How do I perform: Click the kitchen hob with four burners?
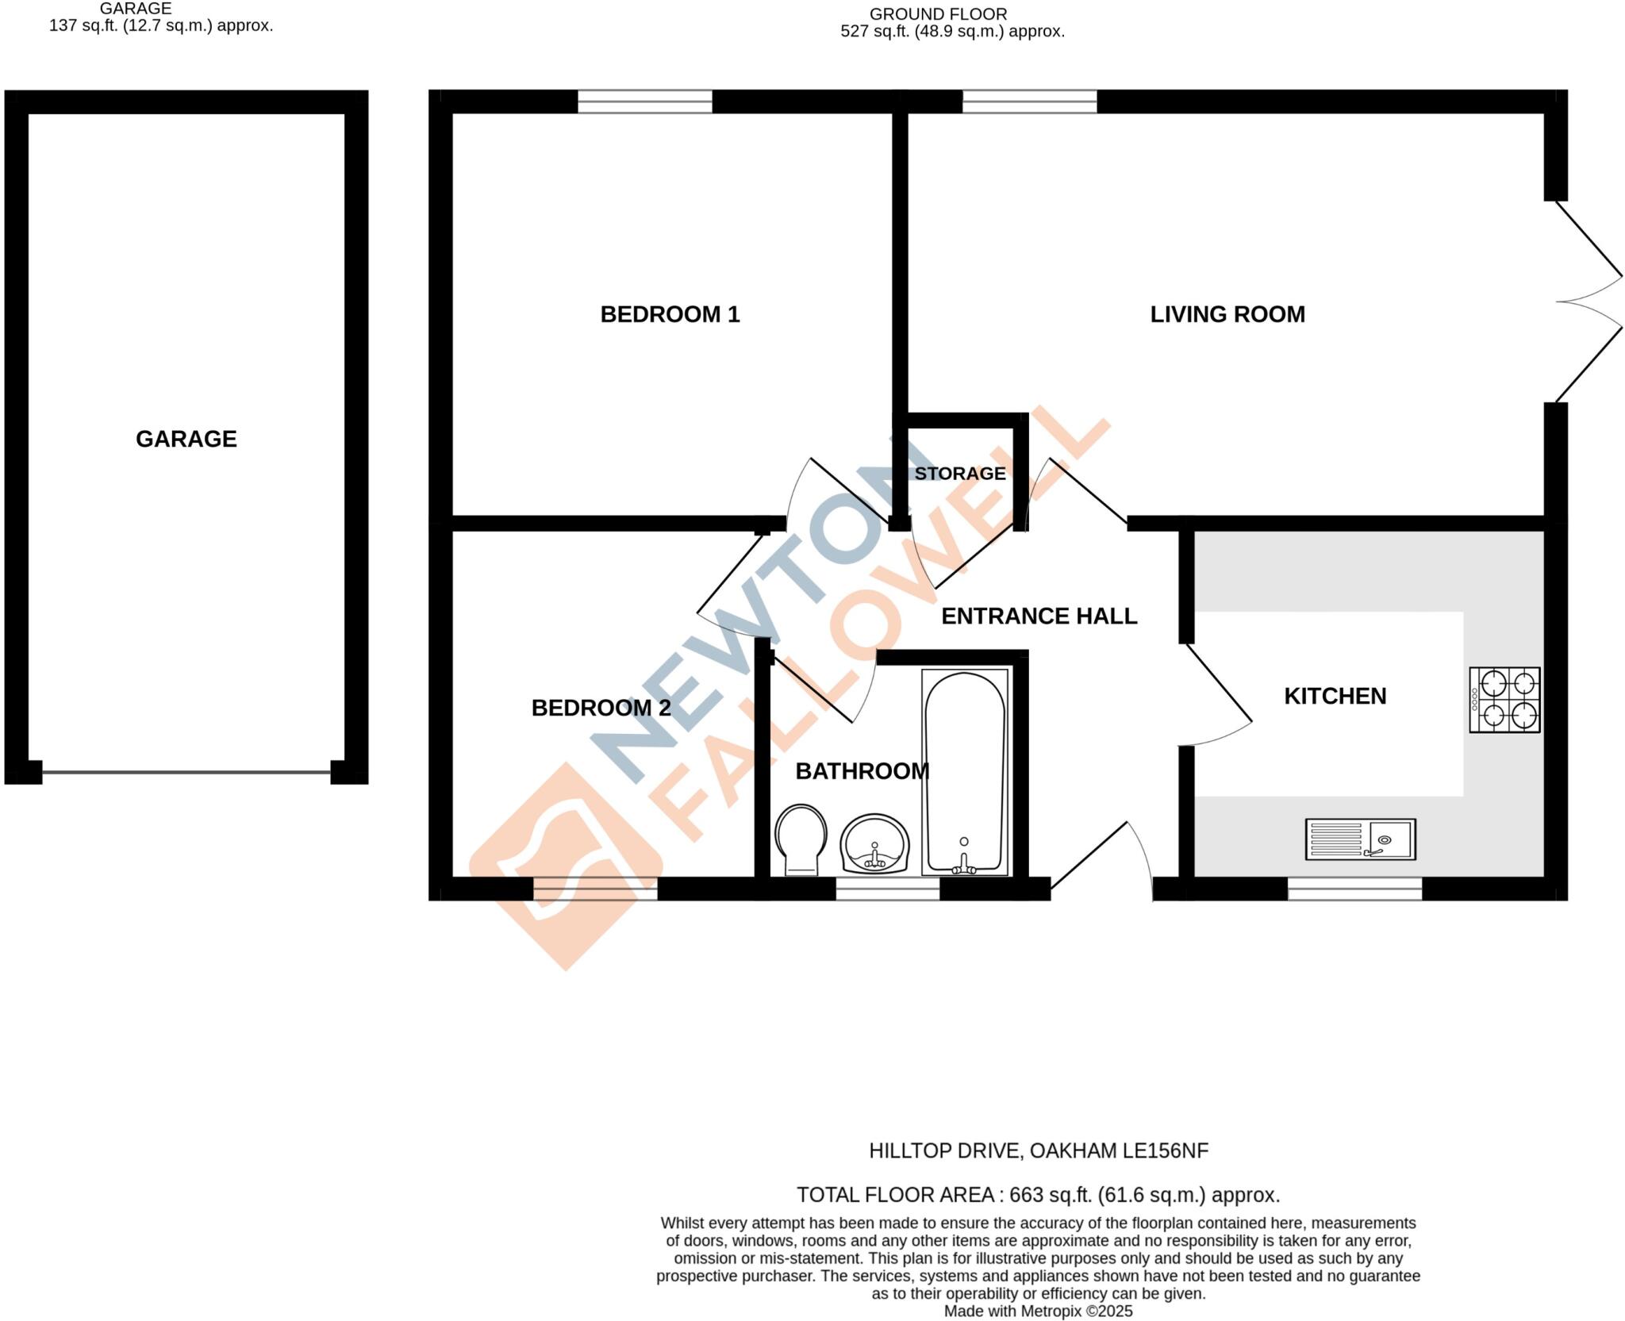(1504, 700)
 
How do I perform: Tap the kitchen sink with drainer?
(1360, 839)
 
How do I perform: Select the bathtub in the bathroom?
(965, 772)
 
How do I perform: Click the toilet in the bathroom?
(801, 839)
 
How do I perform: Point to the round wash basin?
(874, 843)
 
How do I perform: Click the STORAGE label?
(959, 474)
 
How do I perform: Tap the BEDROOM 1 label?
(670, 315)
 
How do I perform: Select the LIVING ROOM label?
(1227, 315)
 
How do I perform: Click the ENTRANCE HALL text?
(1039, 616)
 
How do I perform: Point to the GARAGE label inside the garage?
(186, 439)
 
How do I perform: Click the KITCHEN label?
(1335, 697)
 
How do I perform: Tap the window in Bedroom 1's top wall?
(644, 102)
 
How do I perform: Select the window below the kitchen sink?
(1354, 889)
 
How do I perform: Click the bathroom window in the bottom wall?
(887, 889)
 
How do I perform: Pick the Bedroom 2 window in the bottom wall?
(595, 889)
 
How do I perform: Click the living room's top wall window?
(1029, 102)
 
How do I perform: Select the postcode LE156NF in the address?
(1166, 1151)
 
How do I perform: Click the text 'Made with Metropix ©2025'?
(1038, 1311)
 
